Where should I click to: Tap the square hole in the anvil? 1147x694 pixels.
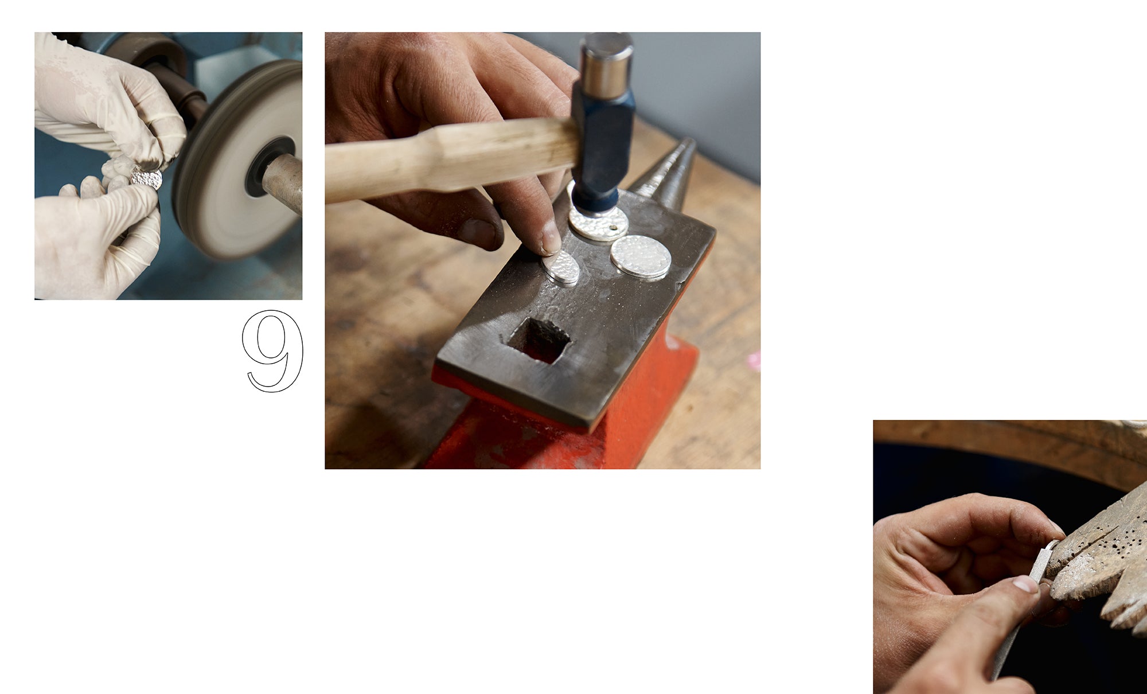[x=539, y=341]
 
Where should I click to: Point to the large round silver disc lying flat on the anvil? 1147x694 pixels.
[x=641, y=257]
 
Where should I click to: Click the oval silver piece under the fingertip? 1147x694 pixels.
[x=562, y=267]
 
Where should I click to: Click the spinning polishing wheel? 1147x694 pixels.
[x=238, y=161]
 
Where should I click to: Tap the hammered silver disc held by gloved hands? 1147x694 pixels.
[x=147, y=178]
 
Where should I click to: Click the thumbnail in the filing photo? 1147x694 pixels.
[x=1025, y=584]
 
